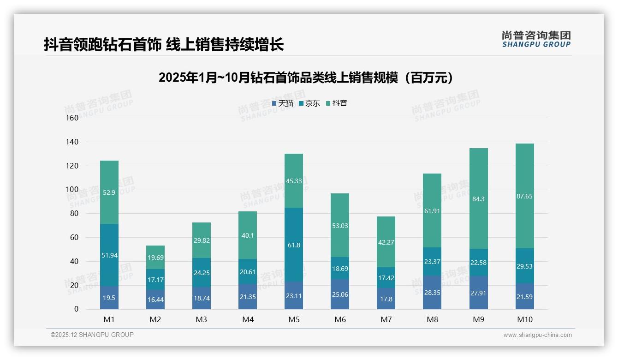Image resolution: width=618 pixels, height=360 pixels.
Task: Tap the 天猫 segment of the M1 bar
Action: (x=109, y=298)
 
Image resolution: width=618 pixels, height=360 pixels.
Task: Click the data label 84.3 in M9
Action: (x=478, y=199)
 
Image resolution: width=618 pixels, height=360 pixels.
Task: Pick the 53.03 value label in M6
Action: (x=340, y=226)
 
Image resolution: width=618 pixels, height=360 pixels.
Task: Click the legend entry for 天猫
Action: (x=283, y=103)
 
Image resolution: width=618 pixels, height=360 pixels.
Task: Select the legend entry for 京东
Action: (x=309, y=103)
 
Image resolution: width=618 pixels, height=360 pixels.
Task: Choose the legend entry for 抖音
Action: (x=337, y=103)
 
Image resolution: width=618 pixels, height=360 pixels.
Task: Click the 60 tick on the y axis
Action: (x=74, y=237)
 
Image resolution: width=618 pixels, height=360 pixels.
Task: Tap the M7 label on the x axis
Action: (x=386, y=319)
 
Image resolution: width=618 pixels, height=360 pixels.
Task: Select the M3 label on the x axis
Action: (x=202, y=319)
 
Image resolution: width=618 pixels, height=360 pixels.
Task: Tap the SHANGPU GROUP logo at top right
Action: (x=536, y=39)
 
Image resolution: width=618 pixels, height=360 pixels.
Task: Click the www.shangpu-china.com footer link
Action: (x=537, y=335)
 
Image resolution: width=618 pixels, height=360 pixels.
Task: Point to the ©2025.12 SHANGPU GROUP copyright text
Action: (x=92, y=335)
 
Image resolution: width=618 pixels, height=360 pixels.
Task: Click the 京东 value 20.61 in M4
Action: (x=248, y=272)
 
